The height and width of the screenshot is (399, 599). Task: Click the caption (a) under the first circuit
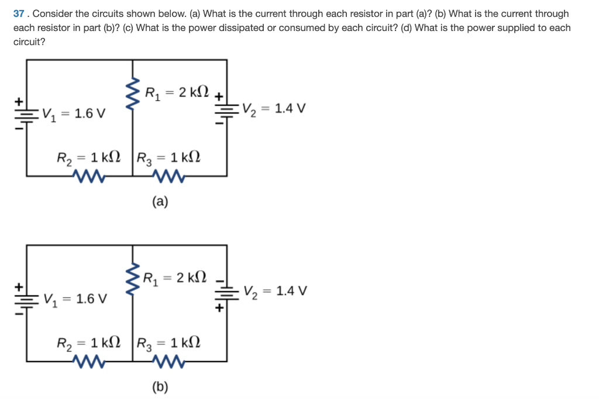(160, 202)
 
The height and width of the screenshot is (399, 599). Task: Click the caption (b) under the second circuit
(160, 387)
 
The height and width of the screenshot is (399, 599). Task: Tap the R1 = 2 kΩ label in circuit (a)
(175, 92)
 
